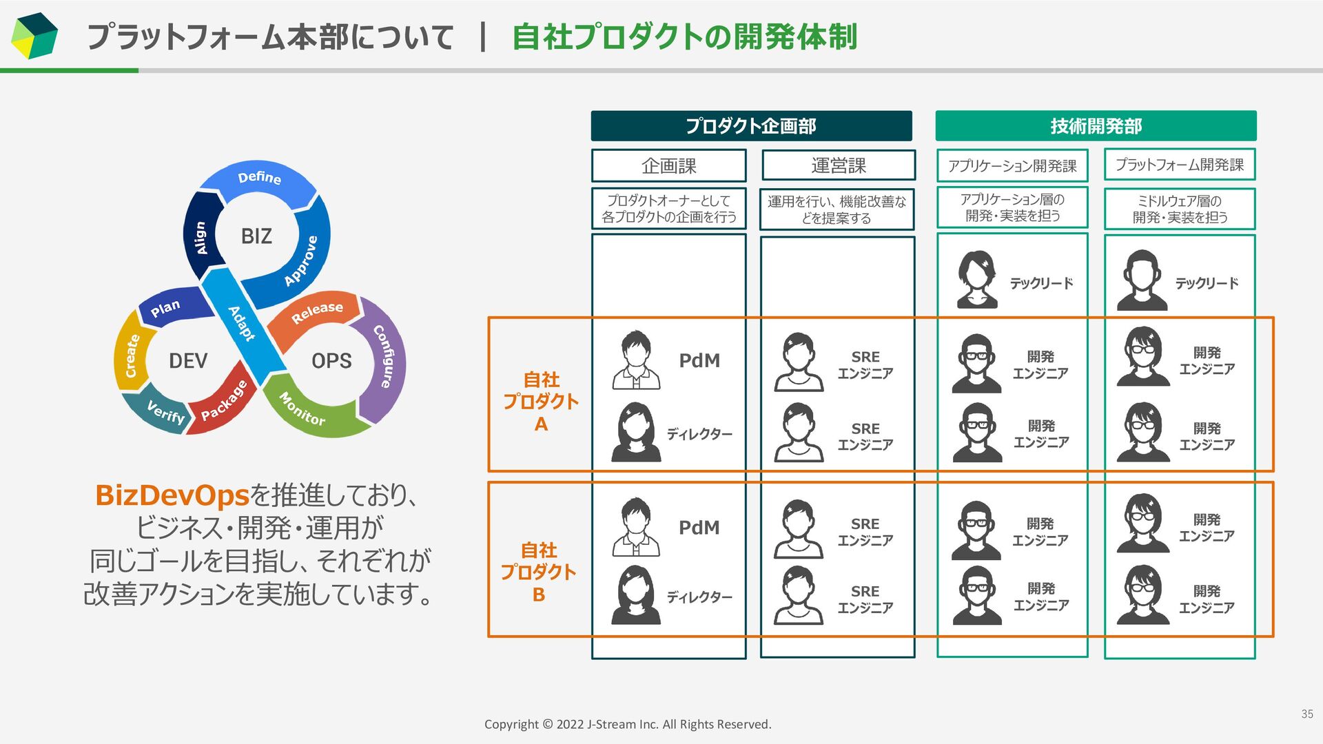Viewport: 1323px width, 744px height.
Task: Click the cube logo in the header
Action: pos(34,36)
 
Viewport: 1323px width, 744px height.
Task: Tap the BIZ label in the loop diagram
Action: pos(256,236)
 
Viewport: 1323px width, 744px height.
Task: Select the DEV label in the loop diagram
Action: pos(187,360)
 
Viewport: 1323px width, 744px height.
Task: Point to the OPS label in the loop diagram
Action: pos(331,360)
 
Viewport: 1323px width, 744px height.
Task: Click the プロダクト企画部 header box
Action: pos(751,126)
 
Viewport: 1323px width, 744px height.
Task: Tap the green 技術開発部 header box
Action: pos(1096,126)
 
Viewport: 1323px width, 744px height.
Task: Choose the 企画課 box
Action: pos(668,165)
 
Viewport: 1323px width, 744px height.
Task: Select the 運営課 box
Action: pos(838,165)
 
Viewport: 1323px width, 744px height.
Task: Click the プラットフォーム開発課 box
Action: pos(1179,165)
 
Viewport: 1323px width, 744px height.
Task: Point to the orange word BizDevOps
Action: pos(172,495)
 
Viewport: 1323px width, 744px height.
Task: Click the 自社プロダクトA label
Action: pos(541,402)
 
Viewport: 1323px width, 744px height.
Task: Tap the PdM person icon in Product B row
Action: pos(636,527)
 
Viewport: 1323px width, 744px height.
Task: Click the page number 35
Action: pos(1306,714)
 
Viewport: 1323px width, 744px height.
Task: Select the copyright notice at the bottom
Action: pos(628,724)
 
